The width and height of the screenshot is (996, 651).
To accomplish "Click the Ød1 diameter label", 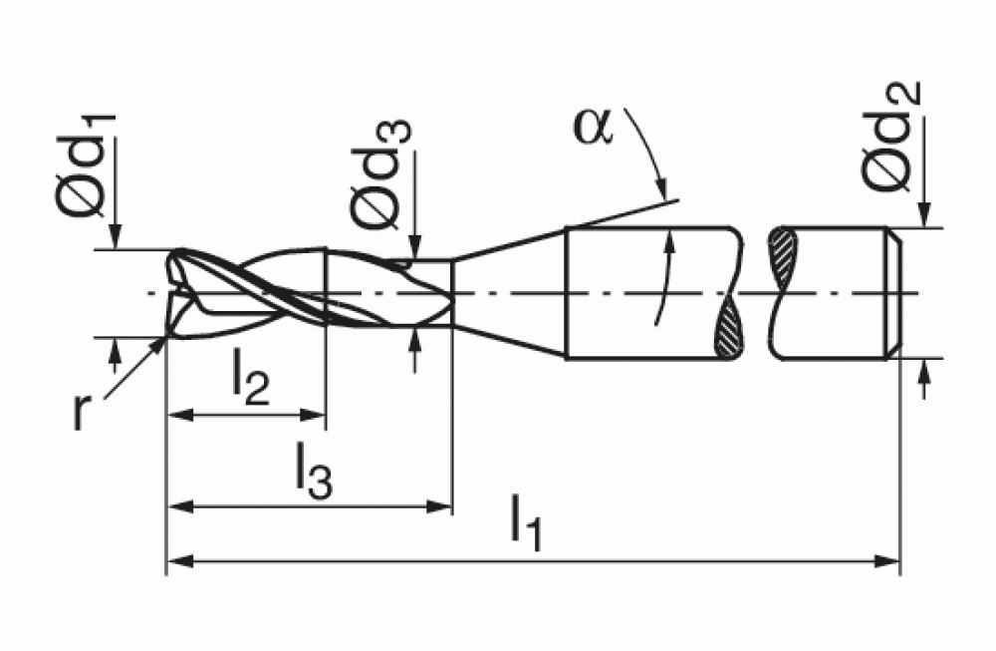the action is coord(86,166).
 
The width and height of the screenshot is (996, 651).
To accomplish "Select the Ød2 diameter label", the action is coord(890,137).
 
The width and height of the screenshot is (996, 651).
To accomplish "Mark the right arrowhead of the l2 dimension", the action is coord(312,416).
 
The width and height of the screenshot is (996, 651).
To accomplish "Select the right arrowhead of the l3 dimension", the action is coord(438,507).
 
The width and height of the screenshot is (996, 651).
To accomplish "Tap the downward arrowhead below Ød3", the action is coord(414,247).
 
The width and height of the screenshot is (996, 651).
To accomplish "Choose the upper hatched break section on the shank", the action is coord(783,257).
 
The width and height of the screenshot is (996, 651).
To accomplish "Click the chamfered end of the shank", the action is coord(893,293).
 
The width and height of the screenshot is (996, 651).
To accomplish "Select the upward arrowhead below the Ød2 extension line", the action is coord(925,372).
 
